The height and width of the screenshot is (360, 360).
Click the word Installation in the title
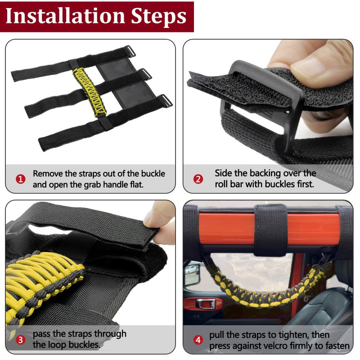(65, 16)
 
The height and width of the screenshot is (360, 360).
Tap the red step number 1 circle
(20, 179)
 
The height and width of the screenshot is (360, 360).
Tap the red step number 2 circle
(198, 179)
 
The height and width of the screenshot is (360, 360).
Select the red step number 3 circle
(20, 340)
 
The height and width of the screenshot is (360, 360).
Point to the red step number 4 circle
(198, 340)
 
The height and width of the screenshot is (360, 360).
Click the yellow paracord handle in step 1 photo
(90, 92)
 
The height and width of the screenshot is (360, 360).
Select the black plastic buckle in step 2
(262, 101)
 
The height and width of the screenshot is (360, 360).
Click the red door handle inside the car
(203, 303)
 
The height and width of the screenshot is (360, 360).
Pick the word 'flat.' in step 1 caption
(136, 184)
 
